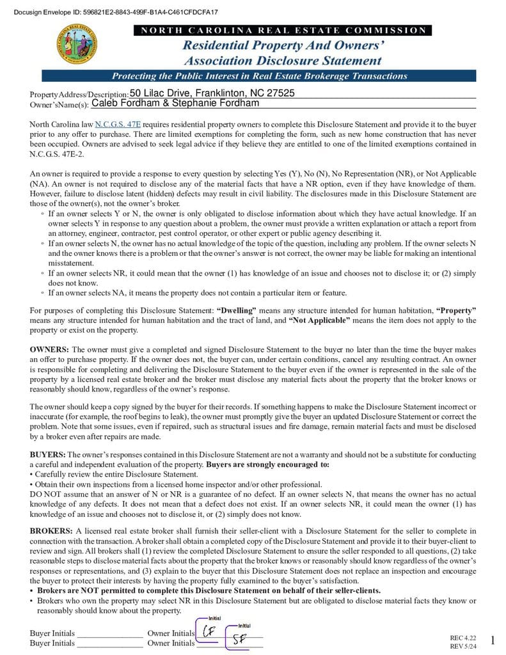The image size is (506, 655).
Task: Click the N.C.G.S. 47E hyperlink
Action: coord(118,124)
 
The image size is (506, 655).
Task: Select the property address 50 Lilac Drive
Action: coord(212,93)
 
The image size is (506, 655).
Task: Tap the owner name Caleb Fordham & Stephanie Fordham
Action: coord(175,103)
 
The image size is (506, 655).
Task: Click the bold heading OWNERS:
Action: coord(49,350)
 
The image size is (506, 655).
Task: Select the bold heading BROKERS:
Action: coord(51,531)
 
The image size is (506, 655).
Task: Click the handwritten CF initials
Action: coord(209,631)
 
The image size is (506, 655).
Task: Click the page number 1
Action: coord(493,640)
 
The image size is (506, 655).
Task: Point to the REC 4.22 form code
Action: coord(463,638)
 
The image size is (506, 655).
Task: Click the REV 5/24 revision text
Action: coord(463,646)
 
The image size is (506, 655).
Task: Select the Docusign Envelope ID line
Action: coord(116,12)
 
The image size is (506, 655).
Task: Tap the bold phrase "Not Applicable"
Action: coord(319,320)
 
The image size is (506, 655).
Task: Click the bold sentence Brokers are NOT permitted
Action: coord(209,590)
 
